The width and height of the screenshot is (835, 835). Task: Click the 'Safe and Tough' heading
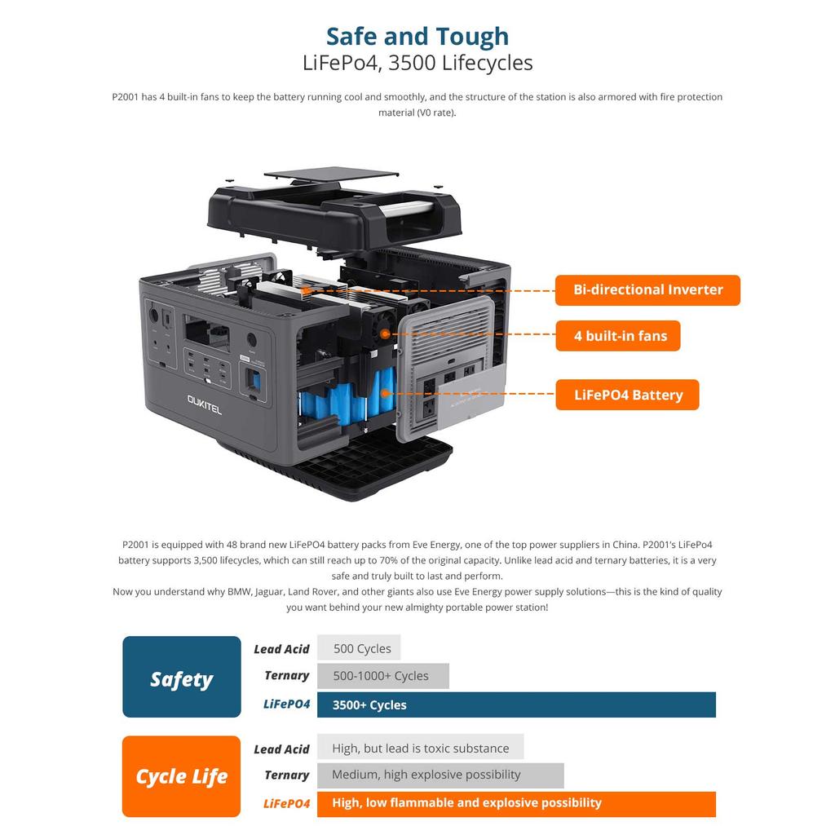click(417, 37)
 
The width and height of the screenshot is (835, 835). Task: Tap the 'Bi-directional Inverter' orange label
click(647, 290)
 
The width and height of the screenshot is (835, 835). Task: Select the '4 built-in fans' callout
click(618, 336)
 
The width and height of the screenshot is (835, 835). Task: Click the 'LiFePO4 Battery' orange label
click(627, 395)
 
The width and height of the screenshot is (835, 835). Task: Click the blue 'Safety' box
click(182, 677)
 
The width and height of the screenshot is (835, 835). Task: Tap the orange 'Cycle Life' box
click(182, 776)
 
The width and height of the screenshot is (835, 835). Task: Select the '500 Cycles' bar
click(360, 649)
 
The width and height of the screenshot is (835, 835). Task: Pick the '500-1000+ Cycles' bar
click(382, 676)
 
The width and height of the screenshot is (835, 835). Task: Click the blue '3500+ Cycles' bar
click(515, 705)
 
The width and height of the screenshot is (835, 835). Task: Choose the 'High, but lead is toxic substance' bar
click(420, 748)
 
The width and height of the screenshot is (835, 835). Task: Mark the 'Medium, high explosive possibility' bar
click(440, 775)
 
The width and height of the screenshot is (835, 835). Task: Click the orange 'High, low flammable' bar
click(515, 803)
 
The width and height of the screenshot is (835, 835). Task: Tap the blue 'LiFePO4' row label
click(286, 705)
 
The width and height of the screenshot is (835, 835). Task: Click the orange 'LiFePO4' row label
click(286, 804)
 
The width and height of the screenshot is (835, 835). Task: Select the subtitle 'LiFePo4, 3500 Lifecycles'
click(417, 63)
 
